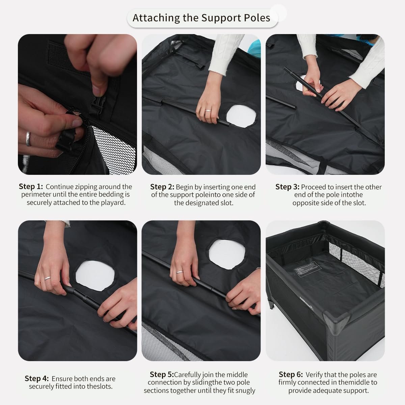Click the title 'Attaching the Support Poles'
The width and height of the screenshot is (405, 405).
tap(201, 18)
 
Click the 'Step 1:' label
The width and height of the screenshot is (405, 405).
tap(31, 186)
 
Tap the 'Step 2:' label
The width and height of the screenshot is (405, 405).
tap(162, 187)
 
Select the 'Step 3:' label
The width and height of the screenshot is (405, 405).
tap(287, 187)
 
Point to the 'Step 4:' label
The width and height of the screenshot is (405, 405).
tap(37, 378)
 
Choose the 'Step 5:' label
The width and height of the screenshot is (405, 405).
tap(162, 374)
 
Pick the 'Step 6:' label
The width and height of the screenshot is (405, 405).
tap(291, 374)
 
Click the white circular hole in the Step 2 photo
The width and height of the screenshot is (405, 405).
tap(241, 116)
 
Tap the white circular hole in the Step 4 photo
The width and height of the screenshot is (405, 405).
tap(95, 275)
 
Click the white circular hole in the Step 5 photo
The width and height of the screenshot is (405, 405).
tap(227, 254)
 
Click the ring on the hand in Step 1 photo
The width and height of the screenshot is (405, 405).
tap(28, 139)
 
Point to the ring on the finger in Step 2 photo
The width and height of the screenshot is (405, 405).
tap(208, 111)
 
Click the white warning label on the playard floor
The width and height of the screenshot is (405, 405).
tap(307, 269)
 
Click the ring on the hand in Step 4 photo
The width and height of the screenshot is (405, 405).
tap(48, 278)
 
